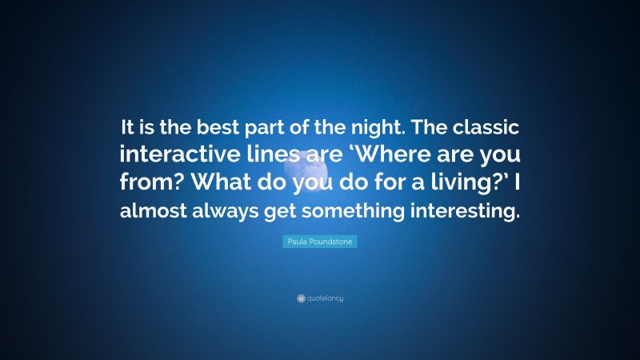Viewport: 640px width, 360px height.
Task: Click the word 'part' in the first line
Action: (x=258, y=126)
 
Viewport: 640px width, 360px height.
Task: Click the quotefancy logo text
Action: (x=325, y=298)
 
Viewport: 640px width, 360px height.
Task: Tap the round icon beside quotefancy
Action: (x=301, y=298)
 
